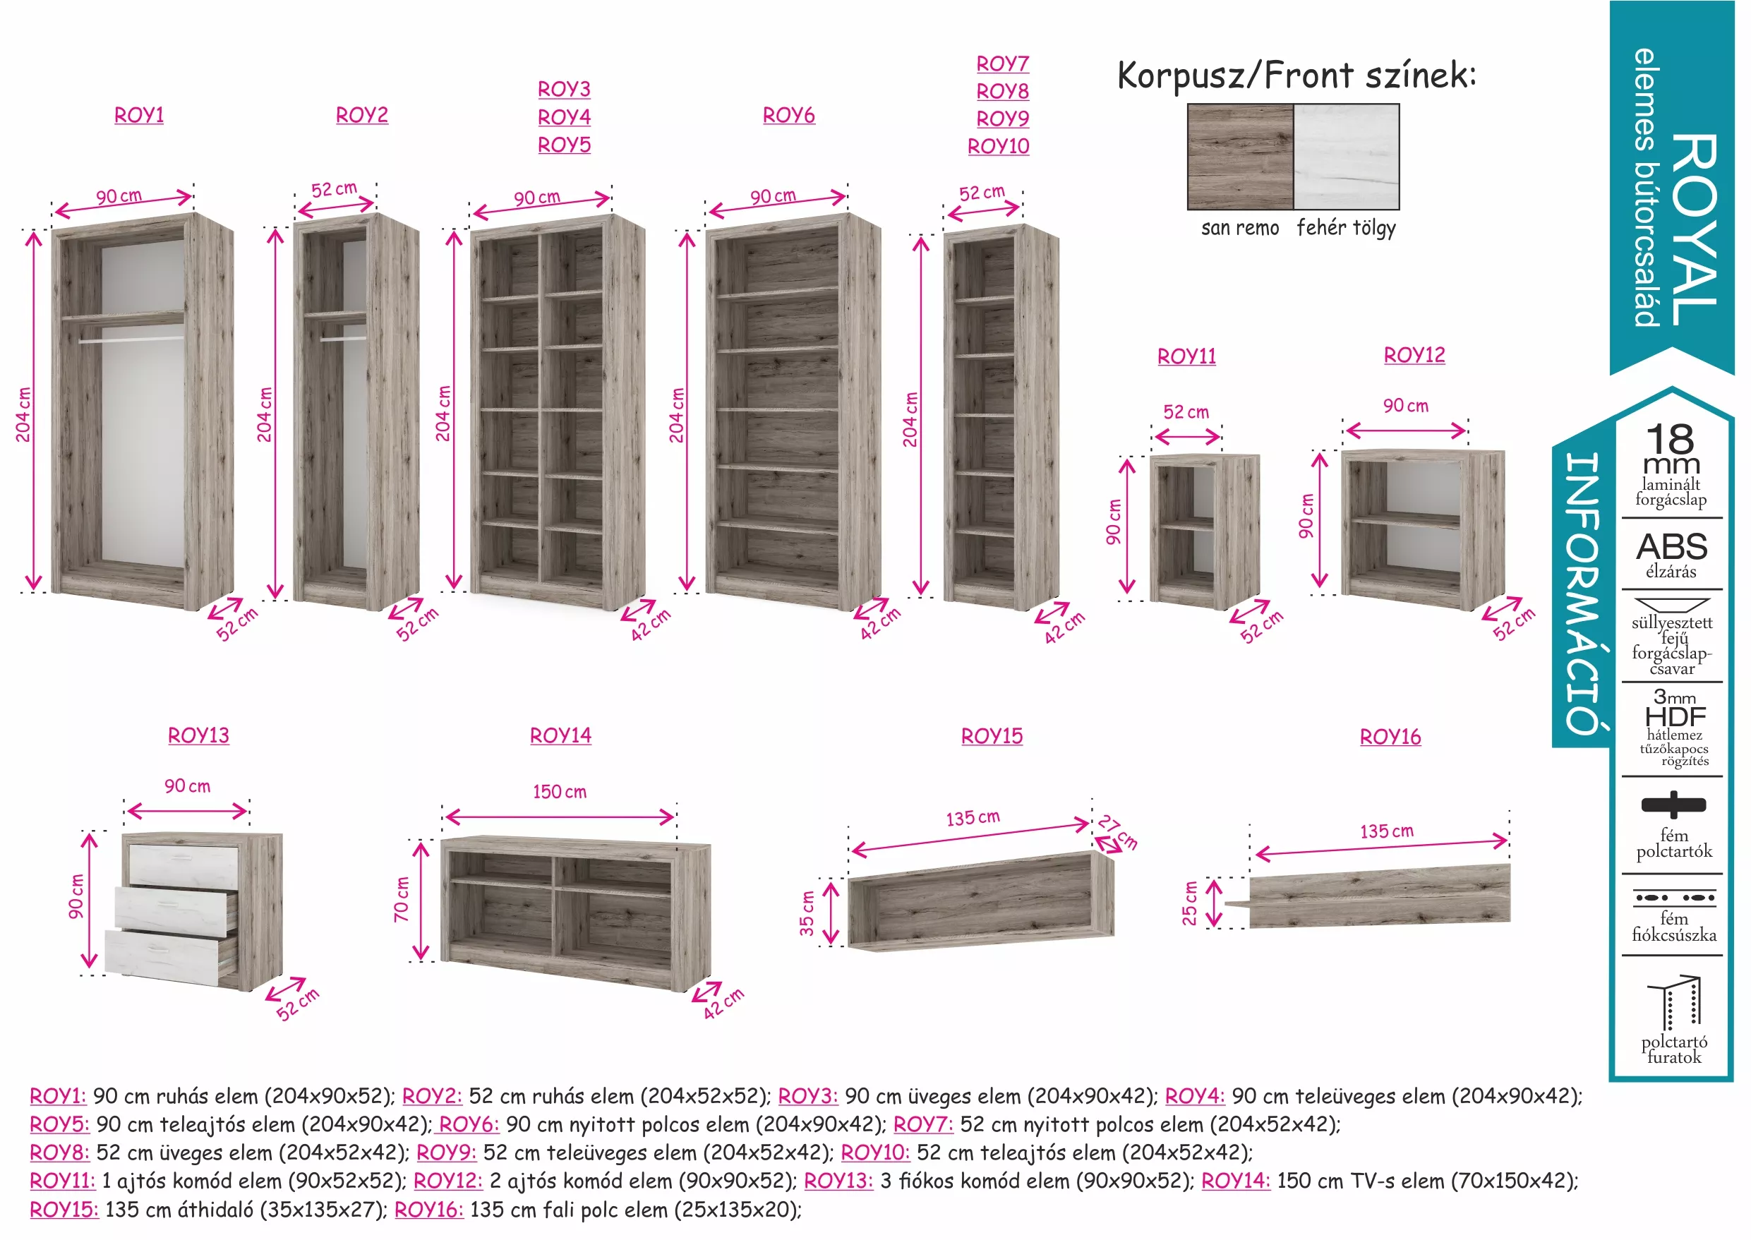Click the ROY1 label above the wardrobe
tap(139, 115)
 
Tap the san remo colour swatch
tap(1240, 157)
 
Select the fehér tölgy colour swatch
tap(1347, 157)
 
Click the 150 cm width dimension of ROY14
tap(560, 792)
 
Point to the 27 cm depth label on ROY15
tap(1119, 832)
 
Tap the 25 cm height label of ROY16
tap(1190, 903)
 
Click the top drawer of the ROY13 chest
tap(183, 865)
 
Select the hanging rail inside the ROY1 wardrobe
tap(131, 339)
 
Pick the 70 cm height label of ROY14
tap(402, 899)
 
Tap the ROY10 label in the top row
tap(998, 146)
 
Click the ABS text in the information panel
tap(1671, 547)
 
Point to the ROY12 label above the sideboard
tap(1414, 355)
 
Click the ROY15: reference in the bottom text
tap(64, 1210)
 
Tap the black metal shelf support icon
tap(1673, 805)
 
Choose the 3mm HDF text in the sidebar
tap(1675, 708)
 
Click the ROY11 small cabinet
tap(1204, 531)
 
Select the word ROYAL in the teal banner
tap(1695, 229)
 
